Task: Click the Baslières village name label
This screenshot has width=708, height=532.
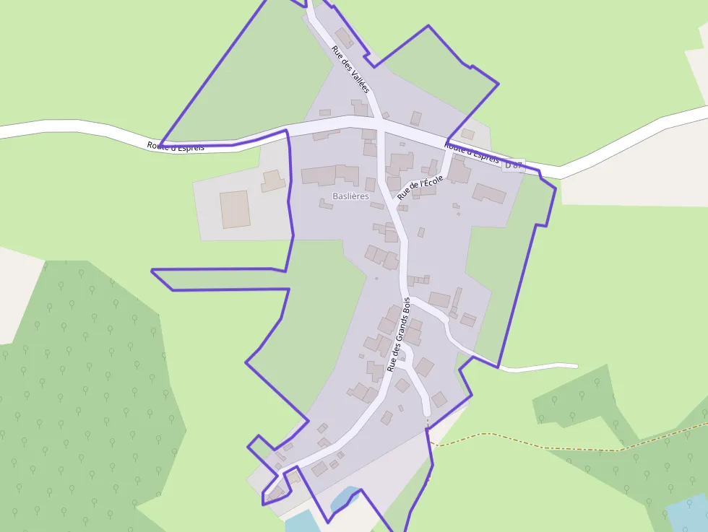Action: pos(350,196)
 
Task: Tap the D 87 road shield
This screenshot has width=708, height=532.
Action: pos(513,165)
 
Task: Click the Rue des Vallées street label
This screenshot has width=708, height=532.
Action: pos(350,69)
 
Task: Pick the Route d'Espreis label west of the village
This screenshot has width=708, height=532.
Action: pos(176,147)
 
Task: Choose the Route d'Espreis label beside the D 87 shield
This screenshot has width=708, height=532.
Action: pos(471,153)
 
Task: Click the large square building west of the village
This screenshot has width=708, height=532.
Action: pos(235,209)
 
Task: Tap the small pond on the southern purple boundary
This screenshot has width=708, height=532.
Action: pos(344,499)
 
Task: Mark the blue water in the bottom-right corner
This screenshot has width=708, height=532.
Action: pos(688,513)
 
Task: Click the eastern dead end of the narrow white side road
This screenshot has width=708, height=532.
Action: pos(575,366)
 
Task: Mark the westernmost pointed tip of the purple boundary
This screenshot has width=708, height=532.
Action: pos(152,271)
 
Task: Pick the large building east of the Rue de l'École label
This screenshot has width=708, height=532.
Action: pos(489,193)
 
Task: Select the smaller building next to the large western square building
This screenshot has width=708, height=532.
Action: pos(273,180)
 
